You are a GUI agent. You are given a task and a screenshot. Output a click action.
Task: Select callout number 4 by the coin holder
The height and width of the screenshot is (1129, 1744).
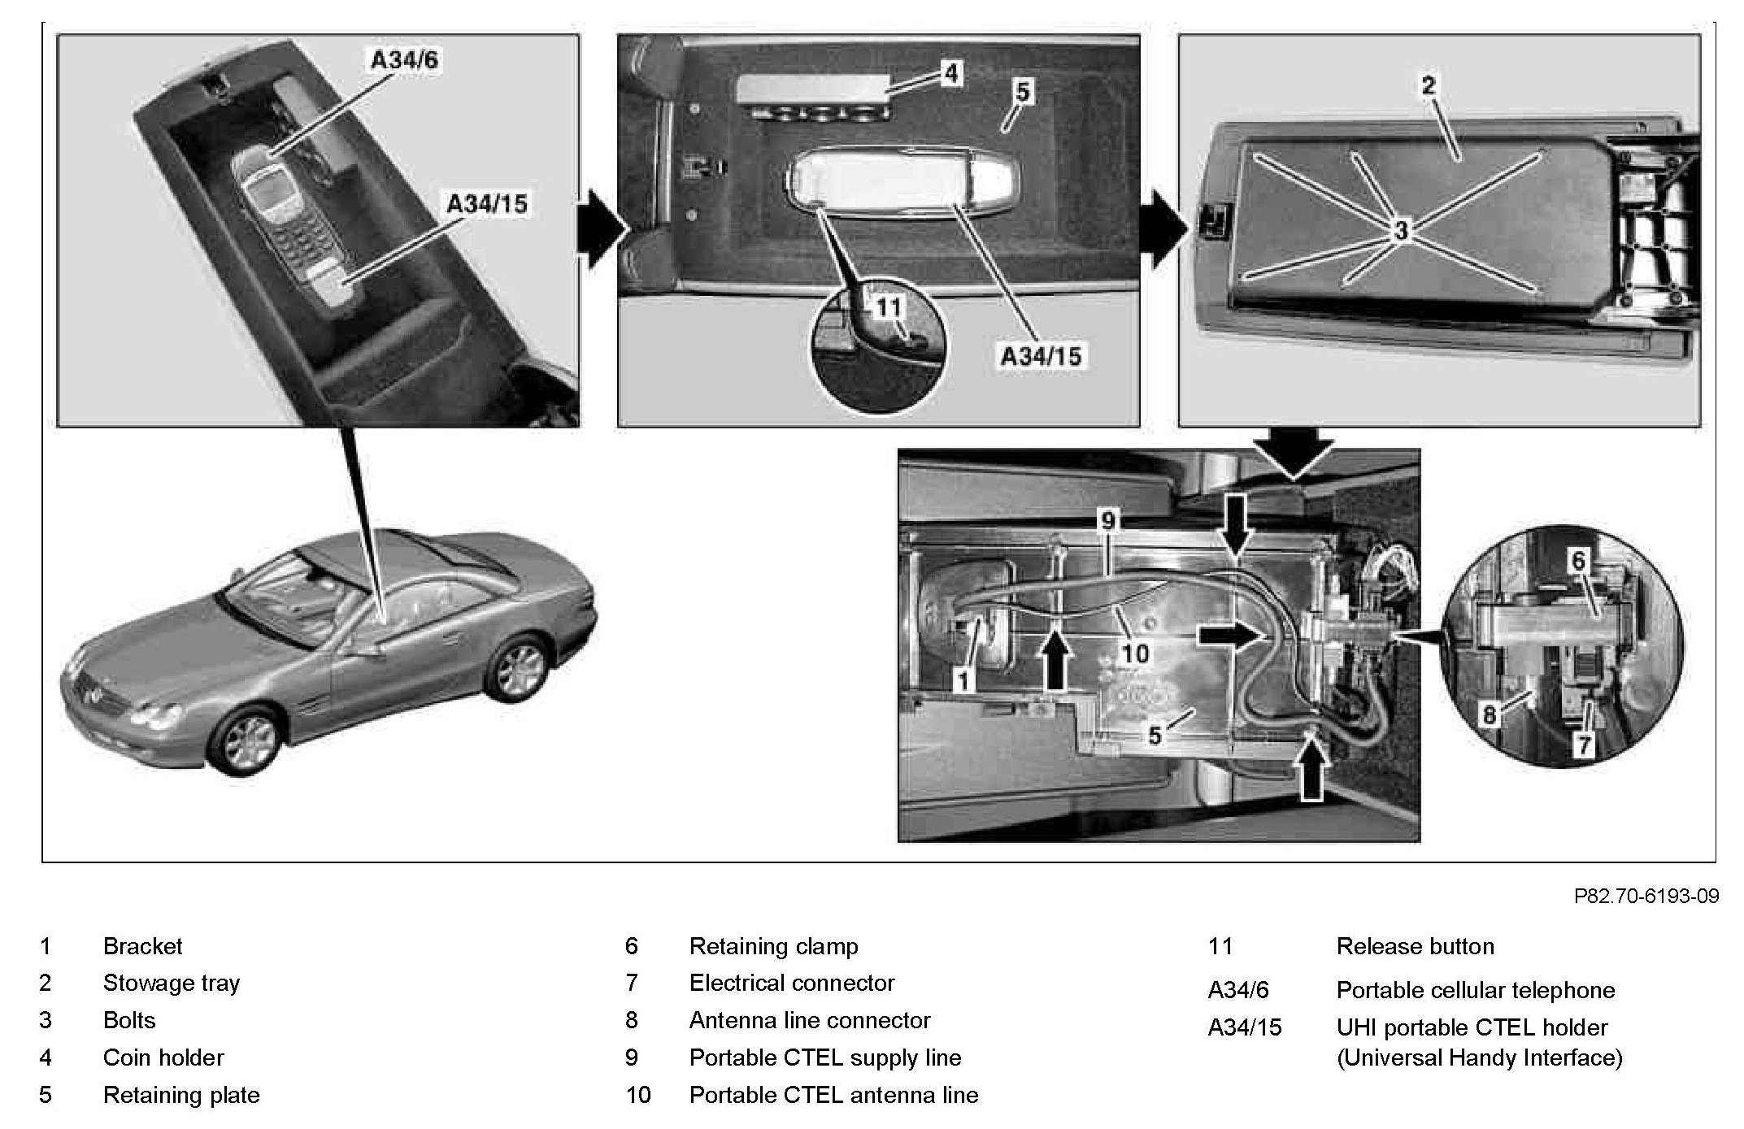coord(950,74)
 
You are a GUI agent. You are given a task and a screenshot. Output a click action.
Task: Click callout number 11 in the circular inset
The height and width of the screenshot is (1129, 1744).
coord(889,307)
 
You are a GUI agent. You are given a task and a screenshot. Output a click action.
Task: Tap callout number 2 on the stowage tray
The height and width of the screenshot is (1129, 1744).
coord(1429,85)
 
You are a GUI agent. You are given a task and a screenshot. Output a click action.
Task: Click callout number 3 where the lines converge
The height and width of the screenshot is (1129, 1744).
coord(1401,231)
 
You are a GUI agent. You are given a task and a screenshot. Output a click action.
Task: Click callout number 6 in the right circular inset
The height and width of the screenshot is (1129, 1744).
coord(1577,560)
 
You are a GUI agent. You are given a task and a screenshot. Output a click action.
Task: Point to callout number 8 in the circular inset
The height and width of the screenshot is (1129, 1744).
coord(1489,715)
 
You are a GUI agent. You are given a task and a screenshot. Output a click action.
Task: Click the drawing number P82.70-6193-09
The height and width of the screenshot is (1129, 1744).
coord(1646,896)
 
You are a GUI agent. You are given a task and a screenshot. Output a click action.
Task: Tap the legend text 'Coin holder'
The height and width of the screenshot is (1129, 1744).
coord(163,1057)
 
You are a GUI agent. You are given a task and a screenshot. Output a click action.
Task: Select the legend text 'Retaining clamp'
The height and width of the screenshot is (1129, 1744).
coord(773,946)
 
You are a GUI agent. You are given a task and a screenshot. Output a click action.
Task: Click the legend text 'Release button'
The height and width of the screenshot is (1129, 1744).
coord(1415,946)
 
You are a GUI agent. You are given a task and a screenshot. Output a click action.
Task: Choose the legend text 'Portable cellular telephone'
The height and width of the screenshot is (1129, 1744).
coord(1475,990)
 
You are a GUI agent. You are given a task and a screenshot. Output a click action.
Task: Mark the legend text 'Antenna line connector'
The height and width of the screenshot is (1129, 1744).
coord(809,1020)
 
